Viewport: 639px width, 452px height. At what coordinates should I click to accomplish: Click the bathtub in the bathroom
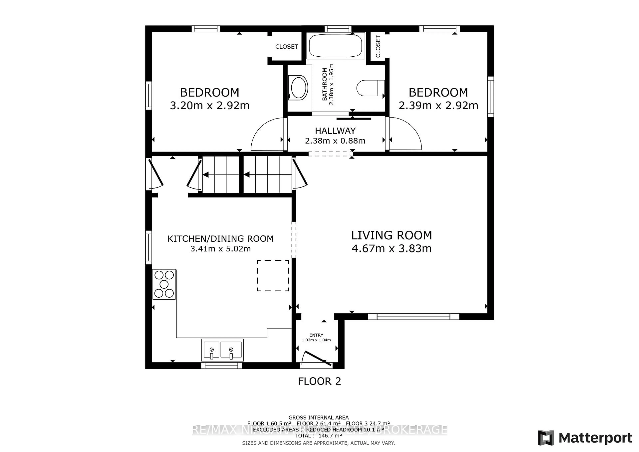pyautogui.click(x=335, y=46)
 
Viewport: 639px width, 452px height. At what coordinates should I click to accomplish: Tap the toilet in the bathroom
pyautogui.click(x=370, y=88)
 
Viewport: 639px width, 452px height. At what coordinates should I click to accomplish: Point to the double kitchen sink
pyautogui.click(x=222, y=350)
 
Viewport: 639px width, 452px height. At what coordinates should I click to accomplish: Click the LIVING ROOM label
pyautogui.click(x=391, y=235)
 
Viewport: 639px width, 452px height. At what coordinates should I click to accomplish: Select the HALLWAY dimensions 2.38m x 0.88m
pyautogui.click(x=335, y=141)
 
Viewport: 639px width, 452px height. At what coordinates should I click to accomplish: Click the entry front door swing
pyautogui.click(x=317, y=358)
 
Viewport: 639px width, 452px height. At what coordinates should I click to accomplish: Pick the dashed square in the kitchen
pyautogui.click(x=273, y=276)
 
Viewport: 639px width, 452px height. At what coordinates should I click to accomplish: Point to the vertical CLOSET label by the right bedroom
pyautogui.click(x=378, y=46)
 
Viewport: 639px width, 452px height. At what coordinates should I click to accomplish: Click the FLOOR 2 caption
pyautogui.click(x=319, y=381)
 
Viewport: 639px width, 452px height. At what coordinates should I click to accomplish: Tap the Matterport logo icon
pyautogui.click(x=546, y=438)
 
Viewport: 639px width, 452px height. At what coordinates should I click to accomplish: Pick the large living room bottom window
pyautogui.click(x=413, y=317)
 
